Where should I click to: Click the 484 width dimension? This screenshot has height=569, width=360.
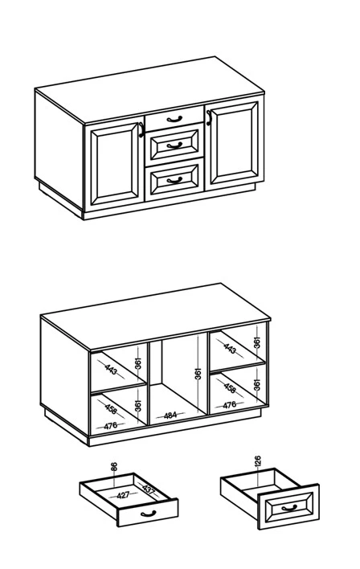click(170, 415)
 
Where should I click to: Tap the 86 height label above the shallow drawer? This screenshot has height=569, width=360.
click(114, 467)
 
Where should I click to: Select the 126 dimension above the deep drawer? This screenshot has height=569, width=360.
click(258, 461)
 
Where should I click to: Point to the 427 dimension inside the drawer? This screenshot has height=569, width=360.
click(124, 495)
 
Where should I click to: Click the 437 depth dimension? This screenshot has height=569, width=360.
click(149, 489)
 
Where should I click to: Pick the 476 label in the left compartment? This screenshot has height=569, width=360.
click(110, 426)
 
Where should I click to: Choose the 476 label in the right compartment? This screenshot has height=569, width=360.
click(229, 404)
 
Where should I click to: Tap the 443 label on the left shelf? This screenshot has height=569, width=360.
click(111, 370)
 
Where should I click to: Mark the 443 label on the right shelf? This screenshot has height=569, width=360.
click(230, 349)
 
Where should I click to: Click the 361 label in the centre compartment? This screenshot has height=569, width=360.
click(198, 374)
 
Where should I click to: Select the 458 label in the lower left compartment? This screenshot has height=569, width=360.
click(111, 408)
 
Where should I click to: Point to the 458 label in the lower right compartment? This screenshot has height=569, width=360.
click(230, 387)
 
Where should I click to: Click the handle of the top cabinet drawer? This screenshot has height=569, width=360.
click(174, 119)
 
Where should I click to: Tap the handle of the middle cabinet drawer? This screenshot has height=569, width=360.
click(174, 145)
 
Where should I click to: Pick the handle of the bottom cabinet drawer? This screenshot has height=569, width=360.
click(174, 180)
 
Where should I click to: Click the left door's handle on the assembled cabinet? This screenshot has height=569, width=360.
click(141, 129)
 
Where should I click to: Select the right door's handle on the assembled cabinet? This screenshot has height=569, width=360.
click(209, 118)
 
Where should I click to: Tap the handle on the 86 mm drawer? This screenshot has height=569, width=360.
click(148, 514)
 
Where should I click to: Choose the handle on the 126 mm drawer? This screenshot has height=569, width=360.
click(289, 508)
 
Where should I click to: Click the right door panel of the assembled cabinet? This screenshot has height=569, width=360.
click(234, 143)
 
